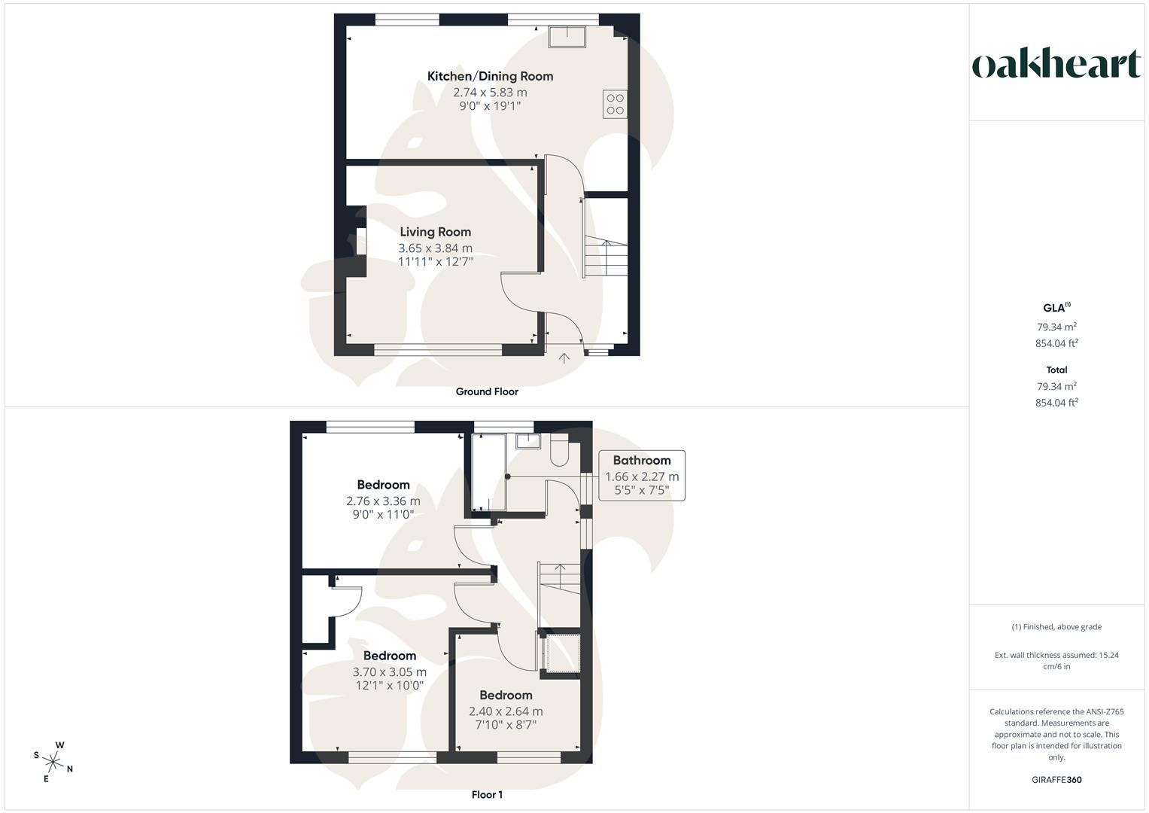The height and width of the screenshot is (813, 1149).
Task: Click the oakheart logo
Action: [1056, 64]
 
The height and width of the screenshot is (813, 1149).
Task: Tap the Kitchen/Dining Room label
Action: [490, 76]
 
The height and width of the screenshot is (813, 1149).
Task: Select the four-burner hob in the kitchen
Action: [615, 104]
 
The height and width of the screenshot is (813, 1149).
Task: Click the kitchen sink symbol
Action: [567, 35]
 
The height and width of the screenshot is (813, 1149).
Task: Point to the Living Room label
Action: [435, 232]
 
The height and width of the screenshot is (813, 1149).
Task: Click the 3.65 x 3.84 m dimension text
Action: [435, 248]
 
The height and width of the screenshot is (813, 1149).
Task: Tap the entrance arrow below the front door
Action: [564, 358]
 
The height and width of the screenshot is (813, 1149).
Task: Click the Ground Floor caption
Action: [487, 391]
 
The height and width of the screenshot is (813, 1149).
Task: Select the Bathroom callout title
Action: [641, 461]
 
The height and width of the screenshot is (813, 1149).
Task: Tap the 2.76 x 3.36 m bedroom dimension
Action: [383, 501]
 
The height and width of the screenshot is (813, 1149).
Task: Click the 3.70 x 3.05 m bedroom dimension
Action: [389, 672]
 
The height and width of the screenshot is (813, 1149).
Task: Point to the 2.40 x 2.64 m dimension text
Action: [506, 711]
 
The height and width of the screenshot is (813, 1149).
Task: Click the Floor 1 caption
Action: [487, 795]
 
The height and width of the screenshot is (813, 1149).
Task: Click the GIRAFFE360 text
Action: [1056, 780]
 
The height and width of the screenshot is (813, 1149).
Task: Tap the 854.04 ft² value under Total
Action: [1056, 403]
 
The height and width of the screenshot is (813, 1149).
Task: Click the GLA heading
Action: [1055, 308]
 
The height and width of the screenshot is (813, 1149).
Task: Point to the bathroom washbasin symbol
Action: [527, 440]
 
